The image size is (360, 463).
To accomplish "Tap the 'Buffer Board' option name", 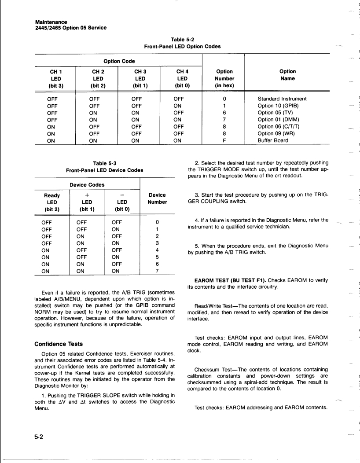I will [x=273, y=140].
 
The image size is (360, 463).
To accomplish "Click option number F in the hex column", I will [x=224, y=140].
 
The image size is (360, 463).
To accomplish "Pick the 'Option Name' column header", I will [x=287, y=75].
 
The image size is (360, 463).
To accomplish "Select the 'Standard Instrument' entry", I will [x=282, y=99].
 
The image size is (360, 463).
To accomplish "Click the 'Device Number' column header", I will [x=157, y=198].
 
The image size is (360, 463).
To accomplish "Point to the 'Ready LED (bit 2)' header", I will [x=52, y=202].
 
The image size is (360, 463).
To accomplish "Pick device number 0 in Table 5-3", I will [x=157, y=222].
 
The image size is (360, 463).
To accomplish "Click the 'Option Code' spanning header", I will [x=119, y=61].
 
